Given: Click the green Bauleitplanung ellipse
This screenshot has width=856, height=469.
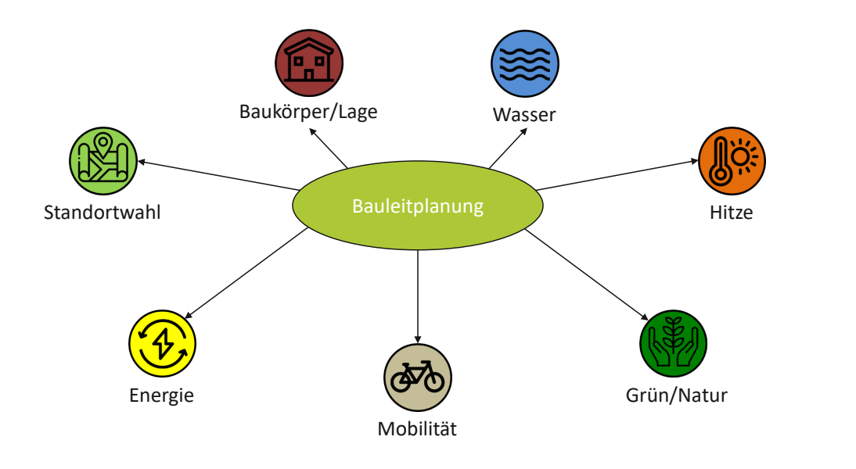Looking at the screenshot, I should tap(418, 206).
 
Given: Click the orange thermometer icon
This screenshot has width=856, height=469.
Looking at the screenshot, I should tap(731, 162).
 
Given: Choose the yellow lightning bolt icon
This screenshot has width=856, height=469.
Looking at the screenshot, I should tap(162, 344).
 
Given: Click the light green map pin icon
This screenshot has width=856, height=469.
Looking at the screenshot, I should tap(103, 162).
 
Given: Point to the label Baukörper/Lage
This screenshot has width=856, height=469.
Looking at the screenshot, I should tap(308, 112).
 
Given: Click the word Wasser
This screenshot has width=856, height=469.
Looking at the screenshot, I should tap(524, 115).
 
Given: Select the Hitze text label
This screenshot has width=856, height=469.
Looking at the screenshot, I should tap(731, 212).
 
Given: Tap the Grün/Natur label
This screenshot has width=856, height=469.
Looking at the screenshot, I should tap(676, 395).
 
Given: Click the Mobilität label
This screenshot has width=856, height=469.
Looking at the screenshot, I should tap(417, 428).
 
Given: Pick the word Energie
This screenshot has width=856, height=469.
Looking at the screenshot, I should tap(161, 395).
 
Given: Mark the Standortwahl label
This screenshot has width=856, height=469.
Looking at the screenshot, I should tap(103, 212).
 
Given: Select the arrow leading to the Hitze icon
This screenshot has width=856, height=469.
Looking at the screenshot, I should tap(618, 174).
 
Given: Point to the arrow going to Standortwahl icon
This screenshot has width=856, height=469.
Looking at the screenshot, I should tap(219, 176).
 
